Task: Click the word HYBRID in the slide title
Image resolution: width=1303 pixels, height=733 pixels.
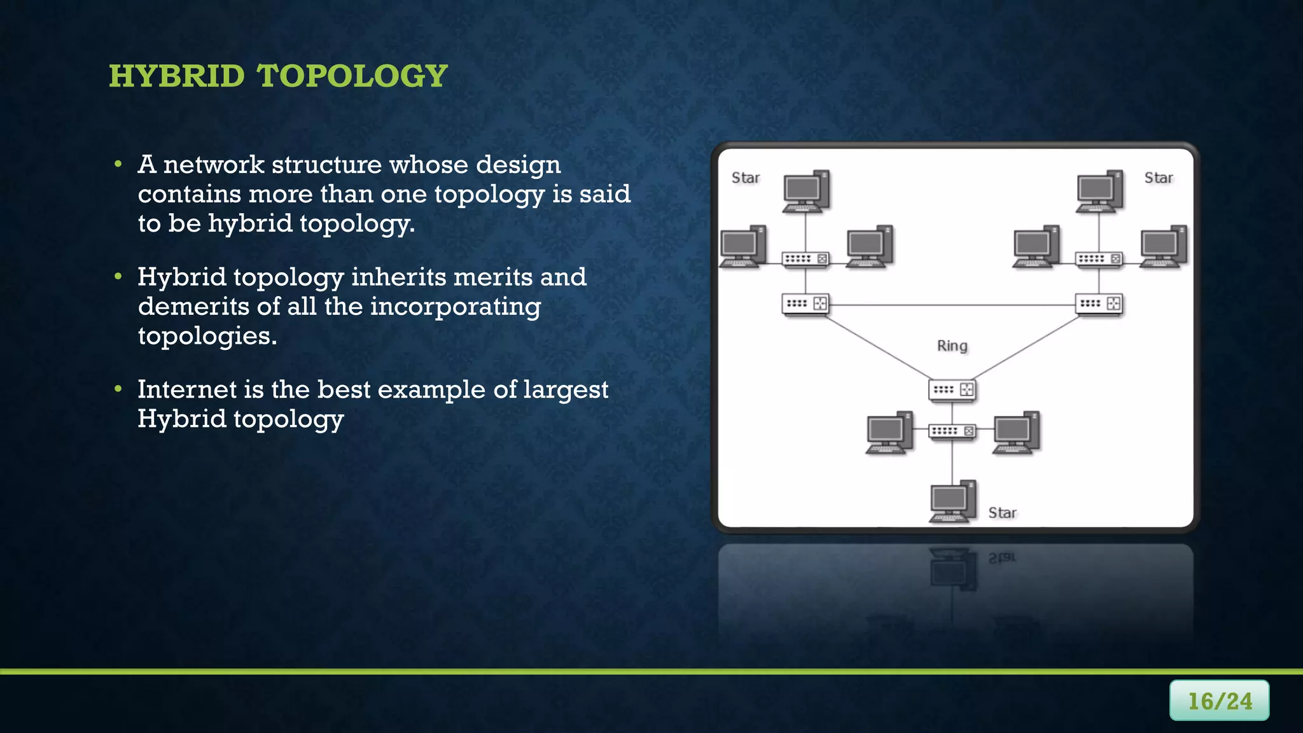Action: click(176, 76)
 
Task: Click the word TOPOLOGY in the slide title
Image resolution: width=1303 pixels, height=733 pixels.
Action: click(352, 76)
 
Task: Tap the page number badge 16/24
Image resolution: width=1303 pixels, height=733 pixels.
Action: click(1219, 701)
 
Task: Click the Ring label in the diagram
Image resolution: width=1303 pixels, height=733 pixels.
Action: click(952, 346)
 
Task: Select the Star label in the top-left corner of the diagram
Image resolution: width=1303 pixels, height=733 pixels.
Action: click(745, 178)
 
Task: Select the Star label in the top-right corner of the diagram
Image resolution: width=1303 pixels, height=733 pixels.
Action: click(1158, 178)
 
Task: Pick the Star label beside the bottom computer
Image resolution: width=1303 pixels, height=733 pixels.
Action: click(1002, 513)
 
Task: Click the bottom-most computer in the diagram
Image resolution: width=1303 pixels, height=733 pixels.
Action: click(952, 501)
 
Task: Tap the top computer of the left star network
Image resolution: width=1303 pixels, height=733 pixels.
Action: click(805, 191)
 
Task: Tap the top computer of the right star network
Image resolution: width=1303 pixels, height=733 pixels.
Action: click(1099, 191)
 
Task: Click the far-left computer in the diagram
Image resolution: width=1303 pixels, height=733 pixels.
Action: click(742, 246)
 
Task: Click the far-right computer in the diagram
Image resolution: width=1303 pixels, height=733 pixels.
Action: click(1162, 246)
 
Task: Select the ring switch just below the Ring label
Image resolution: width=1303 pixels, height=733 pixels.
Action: click(952, 389)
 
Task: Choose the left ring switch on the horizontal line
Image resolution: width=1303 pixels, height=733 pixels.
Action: click(805, 304)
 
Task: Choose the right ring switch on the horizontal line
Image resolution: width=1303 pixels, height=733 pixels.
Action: click(1099, 304)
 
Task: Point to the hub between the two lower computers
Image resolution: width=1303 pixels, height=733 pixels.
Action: click(952, 431)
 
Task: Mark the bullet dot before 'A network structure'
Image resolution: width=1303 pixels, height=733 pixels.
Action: click(118, 165)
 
